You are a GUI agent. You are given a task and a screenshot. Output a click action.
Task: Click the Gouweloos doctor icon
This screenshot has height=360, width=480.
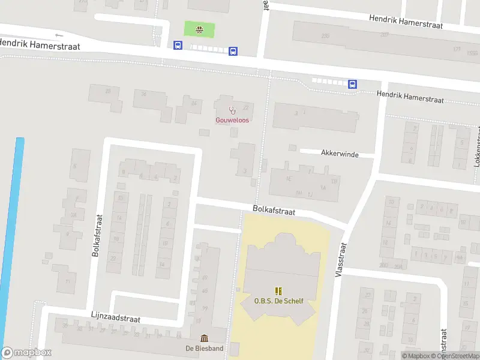232,110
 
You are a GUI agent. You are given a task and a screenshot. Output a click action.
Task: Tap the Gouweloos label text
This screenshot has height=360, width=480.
232,120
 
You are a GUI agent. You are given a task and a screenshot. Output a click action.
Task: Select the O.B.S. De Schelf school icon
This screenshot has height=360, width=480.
278,291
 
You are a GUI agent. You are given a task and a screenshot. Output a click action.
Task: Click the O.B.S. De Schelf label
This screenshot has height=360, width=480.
278,301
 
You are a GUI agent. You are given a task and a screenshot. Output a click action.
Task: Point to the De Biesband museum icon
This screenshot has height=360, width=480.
204,338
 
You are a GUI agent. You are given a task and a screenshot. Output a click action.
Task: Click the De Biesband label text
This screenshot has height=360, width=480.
204,348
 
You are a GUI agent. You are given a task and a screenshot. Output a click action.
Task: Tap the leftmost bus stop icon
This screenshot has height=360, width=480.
178,45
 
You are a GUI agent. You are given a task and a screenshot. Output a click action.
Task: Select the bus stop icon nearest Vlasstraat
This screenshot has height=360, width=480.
353,84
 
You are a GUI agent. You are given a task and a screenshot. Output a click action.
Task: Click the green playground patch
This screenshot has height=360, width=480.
199,28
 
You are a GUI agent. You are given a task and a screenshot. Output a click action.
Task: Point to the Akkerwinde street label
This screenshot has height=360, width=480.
340,154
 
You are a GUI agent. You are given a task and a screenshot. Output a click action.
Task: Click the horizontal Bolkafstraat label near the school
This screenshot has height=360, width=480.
274,211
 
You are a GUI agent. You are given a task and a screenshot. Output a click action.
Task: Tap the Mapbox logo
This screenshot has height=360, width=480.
26,353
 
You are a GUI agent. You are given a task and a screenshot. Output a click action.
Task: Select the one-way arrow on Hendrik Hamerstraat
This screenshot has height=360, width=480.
58,35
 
